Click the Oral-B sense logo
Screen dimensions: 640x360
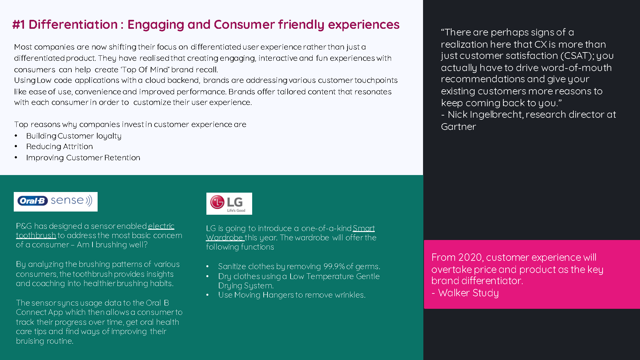tap(56, 202)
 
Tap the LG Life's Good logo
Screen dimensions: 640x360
tap(229, 204)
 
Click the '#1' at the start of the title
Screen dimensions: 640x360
tap(19, 25)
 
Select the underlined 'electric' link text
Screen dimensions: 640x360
tap(161, 226)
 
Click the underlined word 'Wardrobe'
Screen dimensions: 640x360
tap(225, 237)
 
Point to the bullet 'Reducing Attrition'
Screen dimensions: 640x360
tap(60, 147)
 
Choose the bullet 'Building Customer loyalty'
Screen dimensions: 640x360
tap(74, 136)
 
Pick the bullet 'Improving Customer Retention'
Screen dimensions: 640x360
tap(83, 158)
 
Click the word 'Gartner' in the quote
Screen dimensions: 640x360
tap(459, 127)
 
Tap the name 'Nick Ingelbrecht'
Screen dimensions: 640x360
tap(485, 115)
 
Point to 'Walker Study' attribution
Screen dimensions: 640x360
tap(468, 293)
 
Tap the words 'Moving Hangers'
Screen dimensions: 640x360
tap(264, 295)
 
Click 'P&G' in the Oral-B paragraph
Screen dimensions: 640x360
tap(24, 226)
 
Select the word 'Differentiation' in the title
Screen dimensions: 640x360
tap(73, 25)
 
